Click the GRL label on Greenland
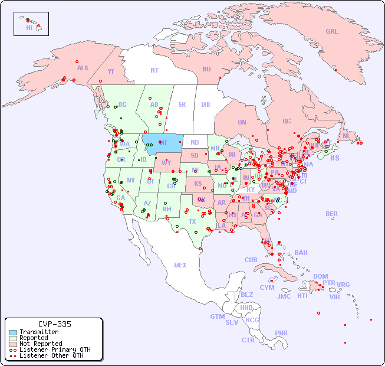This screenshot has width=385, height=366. coord(332,31)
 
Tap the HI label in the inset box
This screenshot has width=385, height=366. coord(29,27)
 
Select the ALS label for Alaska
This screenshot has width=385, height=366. coord(83,68)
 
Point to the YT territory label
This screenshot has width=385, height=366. coord(111,71)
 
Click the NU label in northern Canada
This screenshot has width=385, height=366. coord(206,69)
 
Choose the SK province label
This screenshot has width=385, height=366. coord(182,104)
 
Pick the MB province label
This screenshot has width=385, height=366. coord(205,104)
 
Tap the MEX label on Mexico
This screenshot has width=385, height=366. coord(180,265)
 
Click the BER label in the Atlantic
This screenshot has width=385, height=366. coord(332,214)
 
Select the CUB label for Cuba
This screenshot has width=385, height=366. coord(251,260)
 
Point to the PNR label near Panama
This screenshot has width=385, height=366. coord(281,333)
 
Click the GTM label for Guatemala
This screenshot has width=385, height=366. coord(217,316)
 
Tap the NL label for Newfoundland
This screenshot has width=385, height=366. coord(346,135)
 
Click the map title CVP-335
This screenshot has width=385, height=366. coord(54,324)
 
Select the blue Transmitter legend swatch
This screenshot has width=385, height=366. coord(12,332)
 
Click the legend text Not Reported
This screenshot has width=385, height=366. coord(41,344)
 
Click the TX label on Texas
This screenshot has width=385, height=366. coord(192,221)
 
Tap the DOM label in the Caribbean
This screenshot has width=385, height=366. coord(320,276)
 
